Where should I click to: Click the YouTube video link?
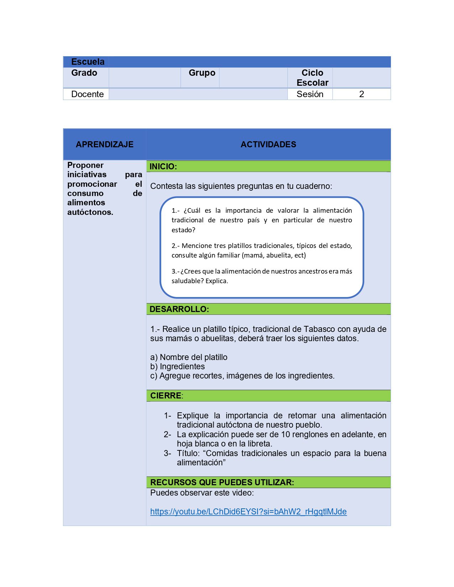[x=248, y=512]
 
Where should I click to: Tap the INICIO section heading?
[x=163, y=166]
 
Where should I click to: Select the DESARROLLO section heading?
[x=179, y=309]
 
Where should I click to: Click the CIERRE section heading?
[x=166, y=396]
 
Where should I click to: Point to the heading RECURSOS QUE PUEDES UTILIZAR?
[x=222, y=482]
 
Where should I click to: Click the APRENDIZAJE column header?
[x=104, y=144]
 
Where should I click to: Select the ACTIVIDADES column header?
[x=268, y=144]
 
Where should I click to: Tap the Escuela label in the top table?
[x=88, y=62]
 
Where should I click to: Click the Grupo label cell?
[x=202, y=73]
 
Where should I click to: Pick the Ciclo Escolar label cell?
[x=312, y=78]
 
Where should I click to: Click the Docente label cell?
[x=87, y=94]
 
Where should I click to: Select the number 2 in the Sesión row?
[x=361, y=94]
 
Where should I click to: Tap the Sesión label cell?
[x=310, y=94]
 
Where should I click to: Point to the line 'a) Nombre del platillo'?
[x=189, y=357]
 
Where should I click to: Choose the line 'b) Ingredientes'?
[x=177, y=366]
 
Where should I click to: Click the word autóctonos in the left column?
[x=90, y=212]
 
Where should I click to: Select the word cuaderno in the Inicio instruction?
[x=314, y=186]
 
